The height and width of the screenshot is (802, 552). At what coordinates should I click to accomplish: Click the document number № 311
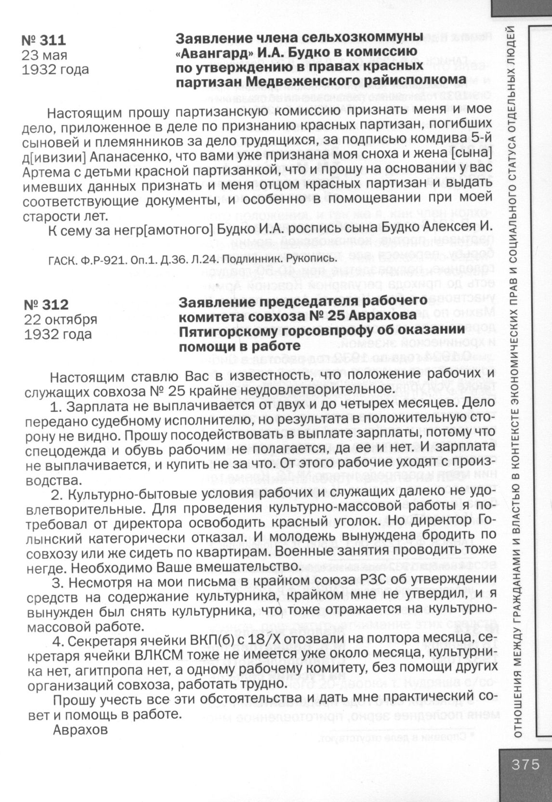point(44,40)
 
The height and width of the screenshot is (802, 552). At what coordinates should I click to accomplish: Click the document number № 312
point(46,305)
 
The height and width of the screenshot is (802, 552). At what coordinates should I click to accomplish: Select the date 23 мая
point(44,55)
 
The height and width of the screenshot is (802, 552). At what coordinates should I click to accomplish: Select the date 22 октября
point(61,319)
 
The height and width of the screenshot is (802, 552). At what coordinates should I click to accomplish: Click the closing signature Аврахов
point(80,730)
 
